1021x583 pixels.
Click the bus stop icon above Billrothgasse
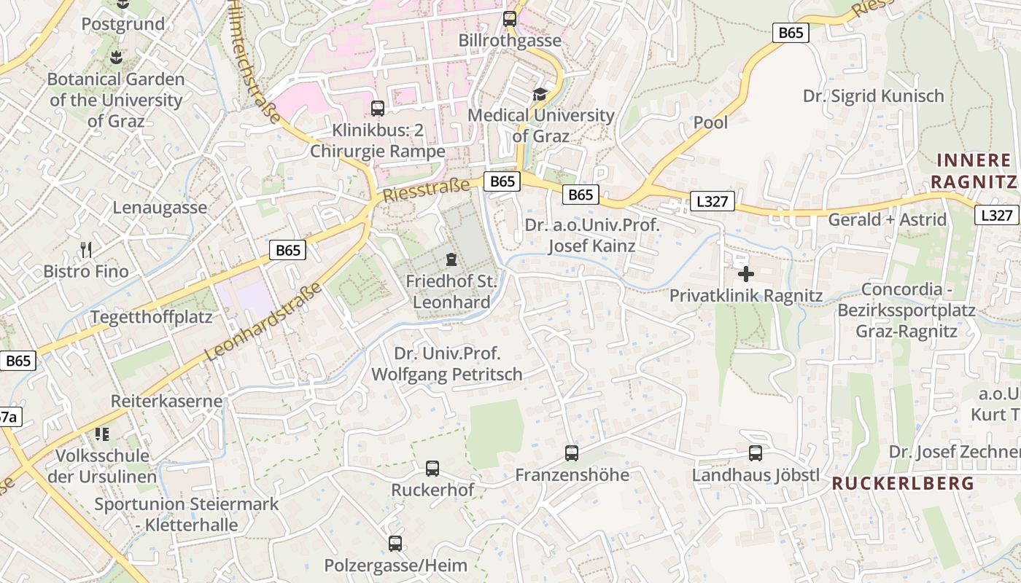coord(510,19)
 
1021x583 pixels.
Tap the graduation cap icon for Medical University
coord(540,94)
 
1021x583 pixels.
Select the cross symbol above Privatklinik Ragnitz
coord(745,274)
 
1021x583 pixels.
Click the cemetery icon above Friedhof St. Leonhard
coord(451,259)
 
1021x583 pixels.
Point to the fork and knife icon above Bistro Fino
coord(86,250)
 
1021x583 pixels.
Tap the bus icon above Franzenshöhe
coord(572,453)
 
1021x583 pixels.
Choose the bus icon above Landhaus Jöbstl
coord(756,453)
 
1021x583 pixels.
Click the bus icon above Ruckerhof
coord(432,468)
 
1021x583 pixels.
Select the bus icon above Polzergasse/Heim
coord(395,543)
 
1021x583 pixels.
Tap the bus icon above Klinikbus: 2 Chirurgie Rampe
coord(377,109)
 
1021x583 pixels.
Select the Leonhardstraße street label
coord(264,322)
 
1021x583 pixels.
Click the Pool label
coord(710,122)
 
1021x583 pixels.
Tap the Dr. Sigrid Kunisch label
coord(873,96)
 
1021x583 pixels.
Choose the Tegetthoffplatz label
coord(151,317)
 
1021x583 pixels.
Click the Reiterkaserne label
coord(166,402)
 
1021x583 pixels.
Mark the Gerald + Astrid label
coord(887,219)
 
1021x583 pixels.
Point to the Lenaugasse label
coord(160,208)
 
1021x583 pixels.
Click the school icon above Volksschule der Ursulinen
coord(102,434)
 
